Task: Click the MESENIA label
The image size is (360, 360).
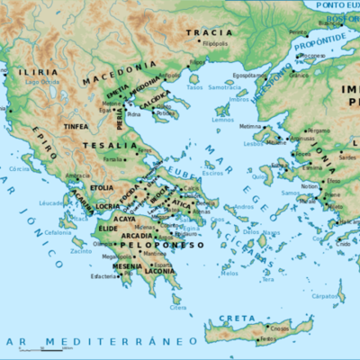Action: [127, 266]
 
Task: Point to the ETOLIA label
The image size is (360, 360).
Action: [102, 187]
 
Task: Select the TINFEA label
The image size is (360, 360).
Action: [76, 126]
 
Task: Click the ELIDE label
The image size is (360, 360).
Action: [108, 229]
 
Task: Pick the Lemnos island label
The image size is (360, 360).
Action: [223, 119]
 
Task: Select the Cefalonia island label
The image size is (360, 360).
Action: [58, 232]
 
